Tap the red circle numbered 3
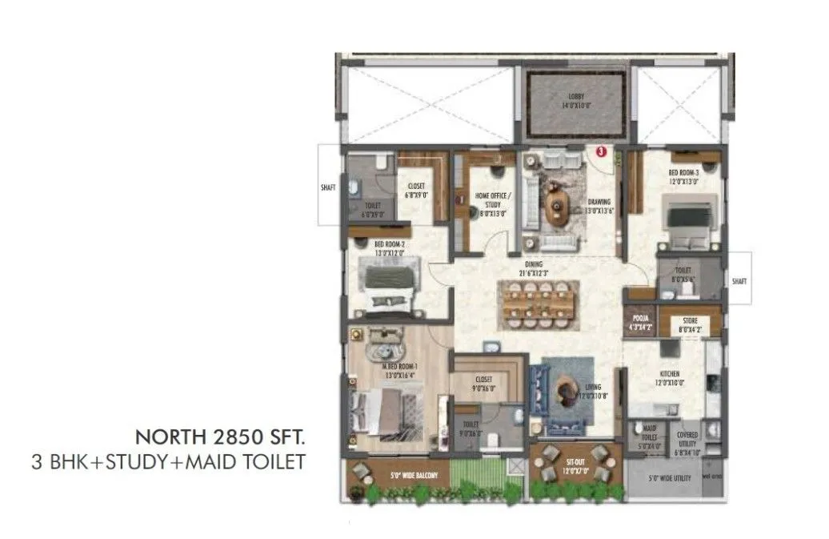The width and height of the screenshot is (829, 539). click(601, 149)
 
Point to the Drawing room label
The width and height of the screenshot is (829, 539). click(599, 206)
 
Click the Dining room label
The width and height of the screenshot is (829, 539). click(534, 268)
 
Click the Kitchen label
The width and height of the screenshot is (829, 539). click(670, 378)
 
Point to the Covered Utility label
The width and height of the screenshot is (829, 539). click(687, 440)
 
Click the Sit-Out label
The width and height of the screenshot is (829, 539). click(575, 468)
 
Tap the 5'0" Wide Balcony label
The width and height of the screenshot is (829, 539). click(414, 477)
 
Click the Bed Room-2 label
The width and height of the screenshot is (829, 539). click(390, 249)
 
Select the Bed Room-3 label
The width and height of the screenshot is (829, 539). click(683, 176)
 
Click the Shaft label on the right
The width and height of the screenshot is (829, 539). click(739, 281)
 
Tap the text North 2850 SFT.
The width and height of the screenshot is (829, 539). click(220, 437)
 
